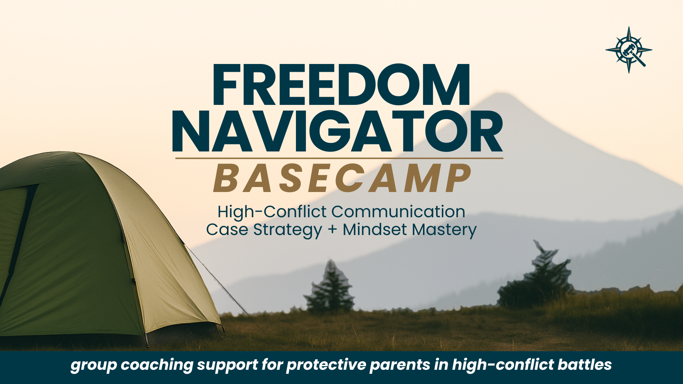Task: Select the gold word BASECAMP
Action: pyautogui.click(x=342, y=178)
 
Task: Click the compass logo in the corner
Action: pyautogui.click(x=629, y=50)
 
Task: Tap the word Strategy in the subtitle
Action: pyautogui.click(x=287, y=230)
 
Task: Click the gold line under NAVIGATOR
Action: pyautogui.click(x=339, y=158)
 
